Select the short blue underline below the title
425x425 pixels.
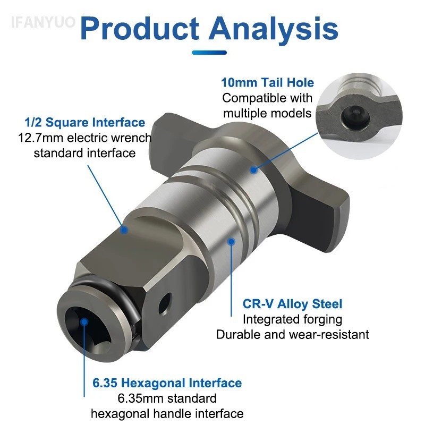[209, 52]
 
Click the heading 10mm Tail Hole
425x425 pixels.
[267, 82]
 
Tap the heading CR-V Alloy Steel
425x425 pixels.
[292, 304]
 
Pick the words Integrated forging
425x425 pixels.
[292, 319]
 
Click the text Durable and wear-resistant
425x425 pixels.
[292, 334]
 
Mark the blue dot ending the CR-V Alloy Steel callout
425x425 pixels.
[231, 241]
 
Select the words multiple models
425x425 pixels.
[267, 113]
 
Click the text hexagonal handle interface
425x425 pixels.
[167, 413]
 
